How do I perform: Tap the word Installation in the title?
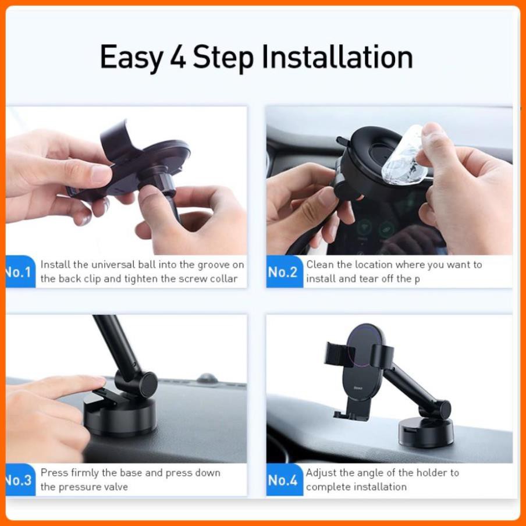tap(337, 57)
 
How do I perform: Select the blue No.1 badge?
tap(19, 272)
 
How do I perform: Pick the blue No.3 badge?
tap(19, 480)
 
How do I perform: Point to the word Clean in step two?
tap(321, 265)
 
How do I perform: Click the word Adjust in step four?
tap(322, 472)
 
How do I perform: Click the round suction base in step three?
tap(119, 416)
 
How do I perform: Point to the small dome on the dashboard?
tap(207, 379)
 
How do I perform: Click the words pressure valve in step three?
tap(84, 487)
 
